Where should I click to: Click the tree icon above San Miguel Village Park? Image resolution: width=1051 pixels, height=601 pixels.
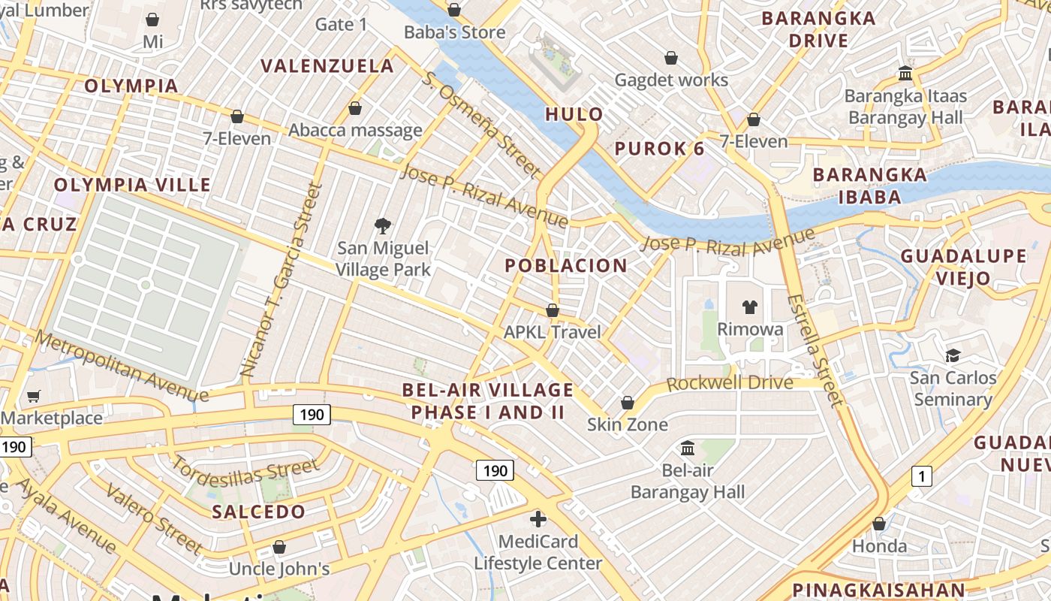(x=383, y=225)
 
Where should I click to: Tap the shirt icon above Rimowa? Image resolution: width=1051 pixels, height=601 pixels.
(x=750, y=307)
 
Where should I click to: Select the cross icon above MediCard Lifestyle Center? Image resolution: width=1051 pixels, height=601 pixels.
(x=538, y=519)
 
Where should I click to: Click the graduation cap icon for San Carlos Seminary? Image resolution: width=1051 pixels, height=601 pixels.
(x=953, y=355)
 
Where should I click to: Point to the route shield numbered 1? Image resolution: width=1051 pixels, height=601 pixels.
(x=921, y=476)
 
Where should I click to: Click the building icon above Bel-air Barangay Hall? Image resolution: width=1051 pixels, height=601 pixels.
(x=687, y=448)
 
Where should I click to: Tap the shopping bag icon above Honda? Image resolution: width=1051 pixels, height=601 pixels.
(x=879, y=524)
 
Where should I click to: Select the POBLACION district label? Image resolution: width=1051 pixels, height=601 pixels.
(x=566, y=265)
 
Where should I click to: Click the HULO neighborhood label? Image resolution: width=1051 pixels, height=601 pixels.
(x=574, y=114)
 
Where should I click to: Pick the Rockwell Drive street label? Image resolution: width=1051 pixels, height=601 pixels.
(x=730, y=382)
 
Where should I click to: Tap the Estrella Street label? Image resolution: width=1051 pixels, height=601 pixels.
(x=815, y=350)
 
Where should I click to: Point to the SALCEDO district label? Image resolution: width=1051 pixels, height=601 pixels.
(x=258, y=512)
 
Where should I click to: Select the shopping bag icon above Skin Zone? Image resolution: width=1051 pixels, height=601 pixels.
(x=628, y=403)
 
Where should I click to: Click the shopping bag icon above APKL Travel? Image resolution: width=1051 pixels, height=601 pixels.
(x=553, y=310)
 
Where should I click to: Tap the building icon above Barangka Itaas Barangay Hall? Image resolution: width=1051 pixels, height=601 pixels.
(x=905, y=74)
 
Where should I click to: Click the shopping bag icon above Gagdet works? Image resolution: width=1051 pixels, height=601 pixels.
(x=671, y=58)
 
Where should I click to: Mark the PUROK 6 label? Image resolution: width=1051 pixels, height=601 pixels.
(x=660, y=149)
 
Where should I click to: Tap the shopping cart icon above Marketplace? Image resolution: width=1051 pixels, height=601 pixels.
(x=33, y=396)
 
